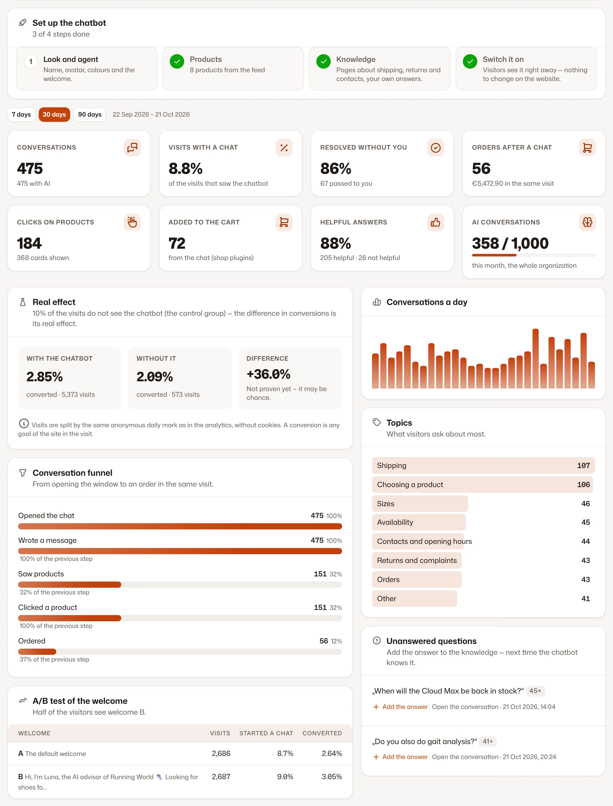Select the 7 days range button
tap(21, 115)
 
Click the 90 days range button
tap(90, 115)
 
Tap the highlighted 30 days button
tap(54, 115)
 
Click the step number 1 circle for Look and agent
tap(31, 62)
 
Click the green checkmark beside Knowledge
tap(323, 62)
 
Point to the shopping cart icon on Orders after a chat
tap(587, 148)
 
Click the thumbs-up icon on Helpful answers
tap(435, 222)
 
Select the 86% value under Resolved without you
tap(336, 168)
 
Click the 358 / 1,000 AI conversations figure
tap(510, 243)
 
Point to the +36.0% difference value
tap(269, 374)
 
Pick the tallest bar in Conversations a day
tap(535, 358)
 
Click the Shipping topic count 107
tap(583, 466)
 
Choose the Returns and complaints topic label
tap(417, 560)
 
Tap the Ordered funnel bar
tap(37, 652)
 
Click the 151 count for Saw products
tap(320, 574)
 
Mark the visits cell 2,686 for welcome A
tap(221, 753)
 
